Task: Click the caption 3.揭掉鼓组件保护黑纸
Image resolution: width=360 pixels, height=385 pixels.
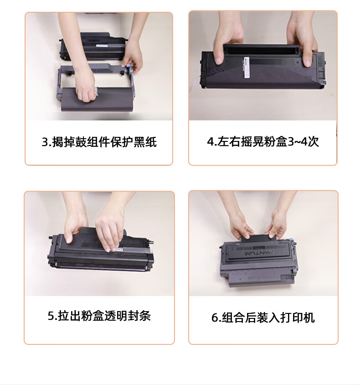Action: (99, 142)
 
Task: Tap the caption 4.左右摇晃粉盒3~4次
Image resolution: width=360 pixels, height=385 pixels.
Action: (263, 141)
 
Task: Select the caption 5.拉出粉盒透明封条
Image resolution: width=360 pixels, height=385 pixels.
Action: (99, 316)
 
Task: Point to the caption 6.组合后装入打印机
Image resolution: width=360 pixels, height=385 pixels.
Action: (263, 317)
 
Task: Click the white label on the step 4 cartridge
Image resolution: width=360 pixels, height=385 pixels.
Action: (247, 68)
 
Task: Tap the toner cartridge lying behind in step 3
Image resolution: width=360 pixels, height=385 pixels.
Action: (93, 46)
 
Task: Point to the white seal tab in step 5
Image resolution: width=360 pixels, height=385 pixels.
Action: (118, 250)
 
